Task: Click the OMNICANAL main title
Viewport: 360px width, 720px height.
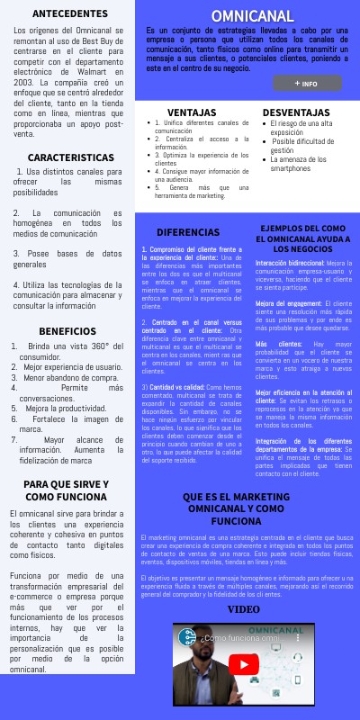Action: [x=252, y=16]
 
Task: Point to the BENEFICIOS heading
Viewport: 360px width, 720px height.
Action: [x=67, y=331]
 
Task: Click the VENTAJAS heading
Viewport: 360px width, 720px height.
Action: [x=192, y=112]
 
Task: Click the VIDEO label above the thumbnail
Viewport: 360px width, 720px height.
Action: [x=243, y=609]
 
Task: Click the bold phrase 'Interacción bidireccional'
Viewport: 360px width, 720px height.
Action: [x=288, y=264]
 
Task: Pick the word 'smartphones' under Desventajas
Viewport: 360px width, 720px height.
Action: [x=291, y=168]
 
